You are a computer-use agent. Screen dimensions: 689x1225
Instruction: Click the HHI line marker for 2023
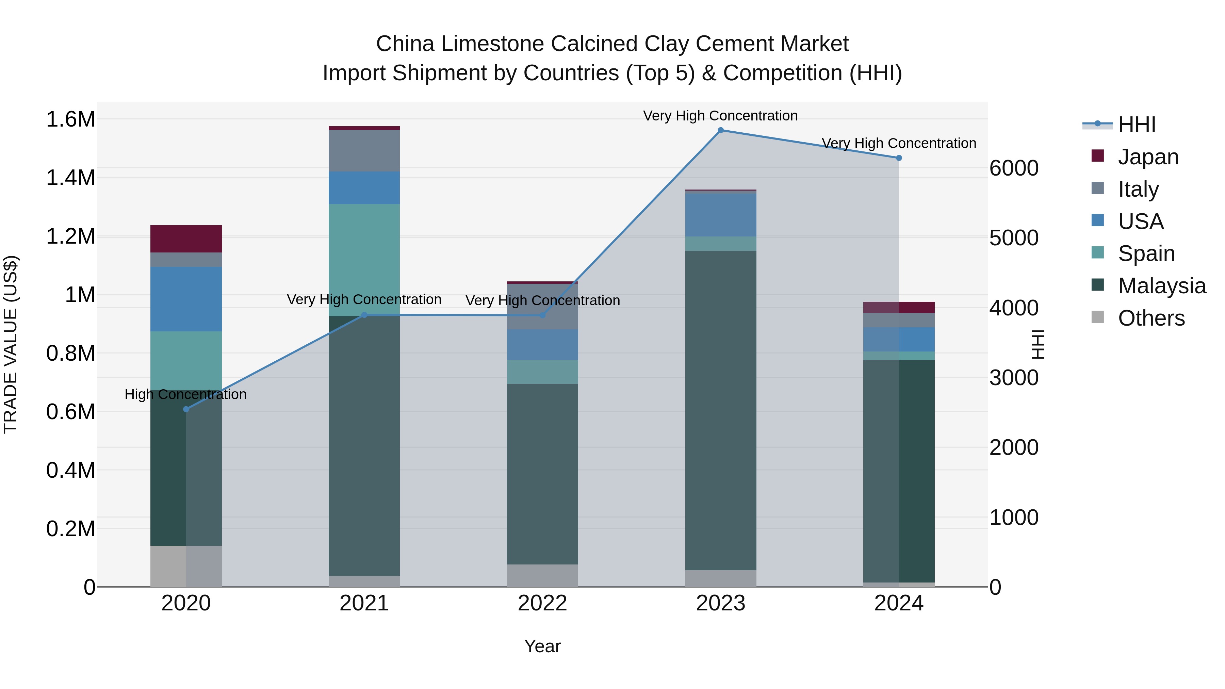(720, 130)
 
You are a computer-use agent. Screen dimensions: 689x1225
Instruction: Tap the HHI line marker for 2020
(186, 409)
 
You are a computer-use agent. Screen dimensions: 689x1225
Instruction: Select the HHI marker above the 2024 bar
(899, 158)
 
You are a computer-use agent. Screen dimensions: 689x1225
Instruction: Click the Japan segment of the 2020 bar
(186, 239)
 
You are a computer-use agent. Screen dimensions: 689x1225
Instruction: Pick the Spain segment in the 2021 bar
(364, 260)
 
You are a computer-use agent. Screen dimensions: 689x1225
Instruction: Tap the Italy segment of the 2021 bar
(364, 150)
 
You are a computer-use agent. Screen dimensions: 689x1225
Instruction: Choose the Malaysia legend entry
(1162, 286)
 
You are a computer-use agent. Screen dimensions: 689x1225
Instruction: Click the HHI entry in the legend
(1137, 125)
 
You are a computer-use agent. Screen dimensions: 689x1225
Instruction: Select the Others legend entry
(1151, 318)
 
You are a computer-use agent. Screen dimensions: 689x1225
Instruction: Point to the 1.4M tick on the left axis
(70, 178)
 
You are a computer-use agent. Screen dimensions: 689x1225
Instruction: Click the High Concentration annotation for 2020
(185, 394)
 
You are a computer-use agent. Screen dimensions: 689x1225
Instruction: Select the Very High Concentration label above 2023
(720, 116)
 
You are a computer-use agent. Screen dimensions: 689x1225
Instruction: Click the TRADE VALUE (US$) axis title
(11, 344)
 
